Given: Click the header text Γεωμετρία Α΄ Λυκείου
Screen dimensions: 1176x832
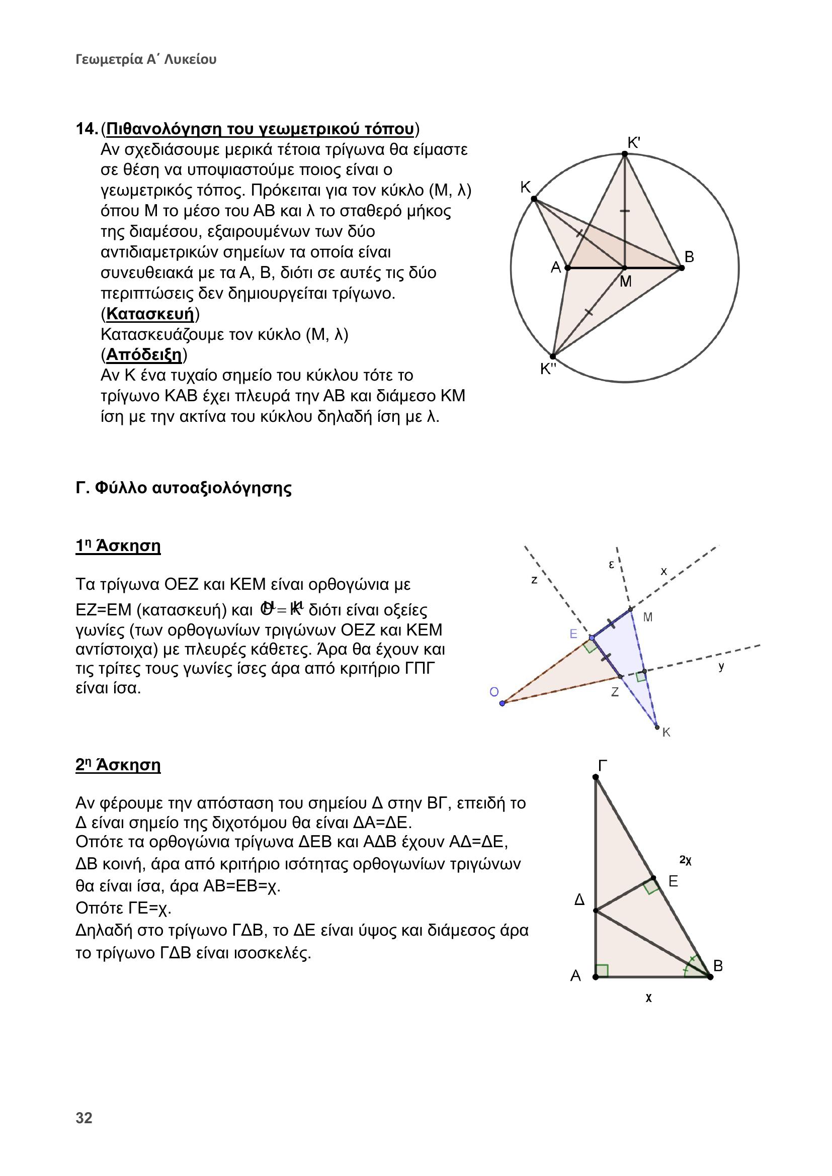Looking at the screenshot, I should [x=146, y=59].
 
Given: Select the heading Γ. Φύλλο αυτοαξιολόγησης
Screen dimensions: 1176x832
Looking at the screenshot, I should [x=184, y=488].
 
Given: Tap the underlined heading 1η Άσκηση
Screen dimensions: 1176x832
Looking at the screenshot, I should [x=118, y=546].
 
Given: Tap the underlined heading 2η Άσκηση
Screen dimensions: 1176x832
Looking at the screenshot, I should [x=118, y=765].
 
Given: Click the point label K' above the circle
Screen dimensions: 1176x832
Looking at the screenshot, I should [x=634, y=143].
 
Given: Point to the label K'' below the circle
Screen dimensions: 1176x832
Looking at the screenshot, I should [x=548, y=368].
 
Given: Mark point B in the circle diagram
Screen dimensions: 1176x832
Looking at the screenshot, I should [x=682, y=267].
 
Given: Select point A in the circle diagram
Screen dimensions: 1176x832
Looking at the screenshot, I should [x=567, y=267].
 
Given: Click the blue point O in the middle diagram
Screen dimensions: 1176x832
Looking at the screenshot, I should [x=502, y=703].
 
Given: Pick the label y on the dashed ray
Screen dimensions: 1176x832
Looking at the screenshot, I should [x=721, y=666].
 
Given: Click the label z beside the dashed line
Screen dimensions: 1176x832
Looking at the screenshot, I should [x=534, y=580].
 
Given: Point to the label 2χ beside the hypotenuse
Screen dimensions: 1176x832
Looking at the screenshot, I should [x=686, y=860].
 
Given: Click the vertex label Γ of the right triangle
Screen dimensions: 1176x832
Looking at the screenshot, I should [x=603, y=766].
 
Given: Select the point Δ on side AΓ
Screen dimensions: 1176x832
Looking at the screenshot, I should [x=595, y=911].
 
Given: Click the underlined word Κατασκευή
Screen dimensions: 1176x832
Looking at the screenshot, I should [x=150, y=313].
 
